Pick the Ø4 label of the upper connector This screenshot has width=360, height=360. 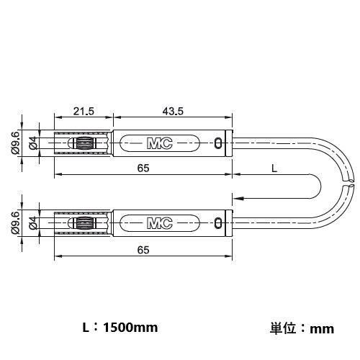(32, 143)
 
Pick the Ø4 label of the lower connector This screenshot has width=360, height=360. (32, 223)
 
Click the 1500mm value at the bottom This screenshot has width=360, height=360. (130, 328)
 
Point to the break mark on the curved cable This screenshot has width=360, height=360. (351, 185)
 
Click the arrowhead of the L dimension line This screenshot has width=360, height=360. (238, 195)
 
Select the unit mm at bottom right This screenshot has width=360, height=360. (322, 329)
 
